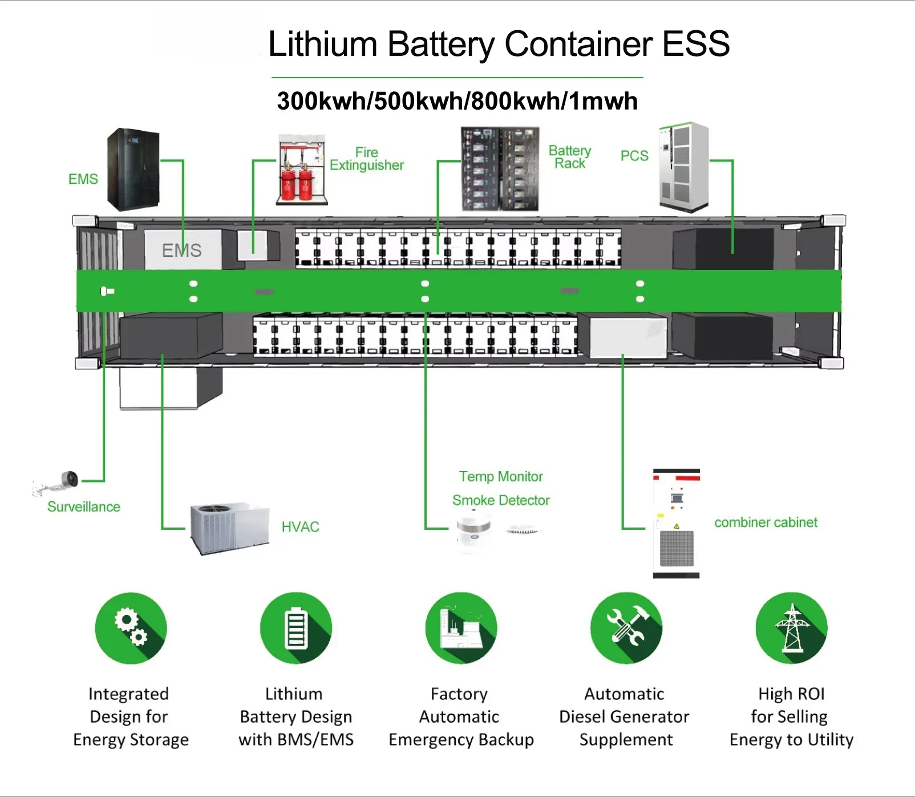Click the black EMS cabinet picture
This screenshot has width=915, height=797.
(x=133, y=169)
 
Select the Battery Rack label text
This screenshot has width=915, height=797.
(x=569, y=157)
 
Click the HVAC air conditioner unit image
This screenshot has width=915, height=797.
(x=229, y=529)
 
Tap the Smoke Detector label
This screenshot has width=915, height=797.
(x=500, y=501)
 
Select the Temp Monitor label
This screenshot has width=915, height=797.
(x=500, y=477)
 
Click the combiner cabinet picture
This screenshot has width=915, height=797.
(x=676, y=524)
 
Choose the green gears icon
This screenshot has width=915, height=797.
(x=131, y=628)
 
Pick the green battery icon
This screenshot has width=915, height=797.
(x=295, y=628)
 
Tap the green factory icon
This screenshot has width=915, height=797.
(x=461, y=628)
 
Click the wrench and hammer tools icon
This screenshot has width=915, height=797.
(x=626, y=628)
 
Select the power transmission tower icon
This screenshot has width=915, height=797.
(x=791, y=628)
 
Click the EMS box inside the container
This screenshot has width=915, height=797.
(x=182, y=250)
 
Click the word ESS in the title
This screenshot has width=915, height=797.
(x=695, y=44)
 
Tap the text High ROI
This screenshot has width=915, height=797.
(x=791, y=694)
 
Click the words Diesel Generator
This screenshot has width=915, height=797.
(x=624, y=717)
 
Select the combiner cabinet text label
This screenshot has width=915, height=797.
(x=766, y=522)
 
